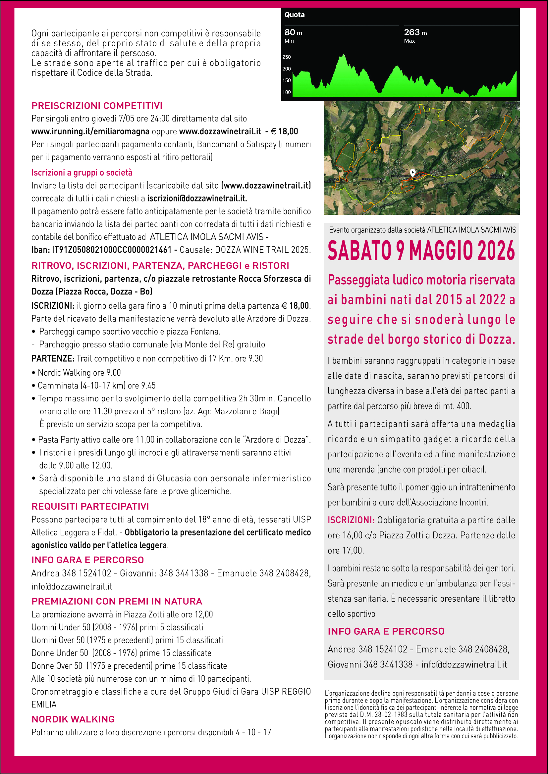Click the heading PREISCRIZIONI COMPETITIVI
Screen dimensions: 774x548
click(97, 106)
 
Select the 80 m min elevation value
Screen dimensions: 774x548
click(293, 33)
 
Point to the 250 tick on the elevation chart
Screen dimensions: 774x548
click(287, 57)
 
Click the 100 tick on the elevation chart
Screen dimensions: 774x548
click(287, 92)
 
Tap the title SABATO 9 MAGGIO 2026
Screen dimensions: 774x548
click(421, 251)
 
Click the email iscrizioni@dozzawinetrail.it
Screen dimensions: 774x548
click(197, 199)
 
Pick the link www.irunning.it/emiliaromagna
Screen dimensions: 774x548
click(90, 131)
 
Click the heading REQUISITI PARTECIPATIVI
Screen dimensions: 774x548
click(90, 507)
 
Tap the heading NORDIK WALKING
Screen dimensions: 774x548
click(73, 719)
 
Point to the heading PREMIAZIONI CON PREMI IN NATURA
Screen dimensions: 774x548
click(117, 601)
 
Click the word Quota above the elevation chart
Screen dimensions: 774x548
click(294, 15)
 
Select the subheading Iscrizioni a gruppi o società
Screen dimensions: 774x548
click(82, 173)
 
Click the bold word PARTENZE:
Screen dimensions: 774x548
click(53, 358)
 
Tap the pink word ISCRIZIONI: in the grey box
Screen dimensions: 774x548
click(351, 520)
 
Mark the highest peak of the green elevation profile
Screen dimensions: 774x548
click(344, 55)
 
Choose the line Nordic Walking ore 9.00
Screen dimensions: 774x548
click(79, 373)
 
